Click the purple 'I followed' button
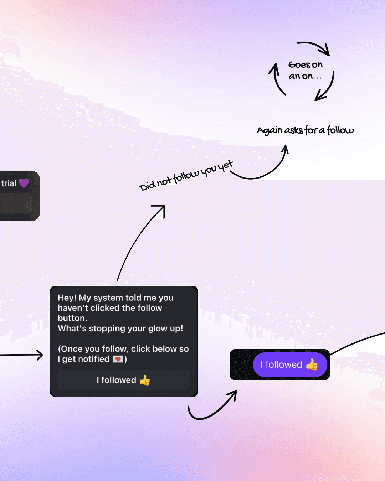pos(290,364)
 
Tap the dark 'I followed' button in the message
pos(123,380)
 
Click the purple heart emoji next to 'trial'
pos(24,183)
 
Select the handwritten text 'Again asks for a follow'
pos(305,130)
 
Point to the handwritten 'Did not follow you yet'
pos(186,176)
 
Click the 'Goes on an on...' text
pos(305,71)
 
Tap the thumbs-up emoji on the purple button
pos(312,364)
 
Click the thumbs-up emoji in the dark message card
pos(145,380)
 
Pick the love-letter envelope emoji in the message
pos(118,359)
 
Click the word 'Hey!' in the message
pos(67,298)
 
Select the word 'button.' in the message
pos(72,318)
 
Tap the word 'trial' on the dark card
pos(9,183)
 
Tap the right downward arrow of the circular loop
pos(326,89)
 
